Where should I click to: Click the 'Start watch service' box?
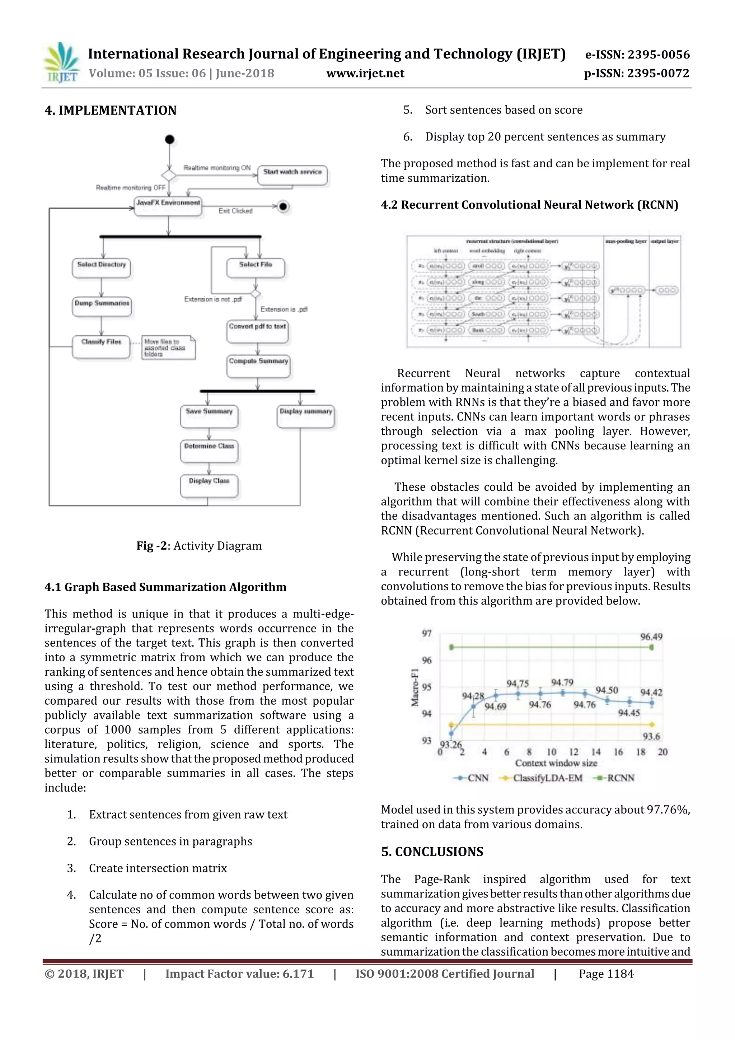(292, 175)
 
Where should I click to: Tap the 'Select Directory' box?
(102, 267)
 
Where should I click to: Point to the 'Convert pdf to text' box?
(257, 330)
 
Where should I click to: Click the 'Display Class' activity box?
(209, 485)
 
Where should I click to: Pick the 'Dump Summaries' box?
(102, 306)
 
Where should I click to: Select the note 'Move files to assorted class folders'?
(168, 348)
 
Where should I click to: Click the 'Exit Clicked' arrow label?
(235, 211)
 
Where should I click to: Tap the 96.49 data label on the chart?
(651, 636)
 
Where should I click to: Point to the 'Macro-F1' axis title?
(415, 686)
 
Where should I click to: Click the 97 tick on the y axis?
(427, 633)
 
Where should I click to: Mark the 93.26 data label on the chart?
(451, 744)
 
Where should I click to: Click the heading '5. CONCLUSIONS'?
(432, 852)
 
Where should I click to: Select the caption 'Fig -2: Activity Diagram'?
(199, 545)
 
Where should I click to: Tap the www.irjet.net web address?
(365, 73)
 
